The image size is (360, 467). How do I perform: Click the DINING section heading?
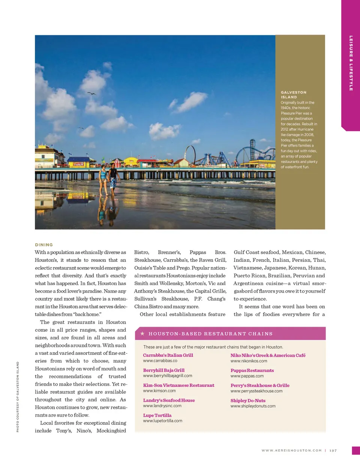44,245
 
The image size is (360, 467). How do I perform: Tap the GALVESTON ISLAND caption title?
294,95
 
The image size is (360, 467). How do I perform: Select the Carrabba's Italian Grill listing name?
168,355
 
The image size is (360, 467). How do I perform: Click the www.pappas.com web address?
247,376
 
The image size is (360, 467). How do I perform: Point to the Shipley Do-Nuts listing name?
248,401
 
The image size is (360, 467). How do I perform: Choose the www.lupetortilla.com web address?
162,421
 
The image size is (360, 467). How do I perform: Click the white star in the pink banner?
142,333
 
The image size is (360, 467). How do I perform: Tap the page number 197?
333,450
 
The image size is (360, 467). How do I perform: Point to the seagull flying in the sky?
91,93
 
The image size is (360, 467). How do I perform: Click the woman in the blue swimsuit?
103,180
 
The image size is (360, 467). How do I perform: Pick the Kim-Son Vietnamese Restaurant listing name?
178,385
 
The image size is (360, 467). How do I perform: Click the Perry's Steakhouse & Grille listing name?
260,385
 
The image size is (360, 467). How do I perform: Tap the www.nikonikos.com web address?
249,361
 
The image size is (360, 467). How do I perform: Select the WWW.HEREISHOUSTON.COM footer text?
291,450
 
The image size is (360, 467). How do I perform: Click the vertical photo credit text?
18,396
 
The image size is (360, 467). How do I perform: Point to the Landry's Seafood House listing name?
169,400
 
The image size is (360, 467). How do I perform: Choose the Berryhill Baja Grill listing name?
163,370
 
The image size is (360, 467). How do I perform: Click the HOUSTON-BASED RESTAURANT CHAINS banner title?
210,334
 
